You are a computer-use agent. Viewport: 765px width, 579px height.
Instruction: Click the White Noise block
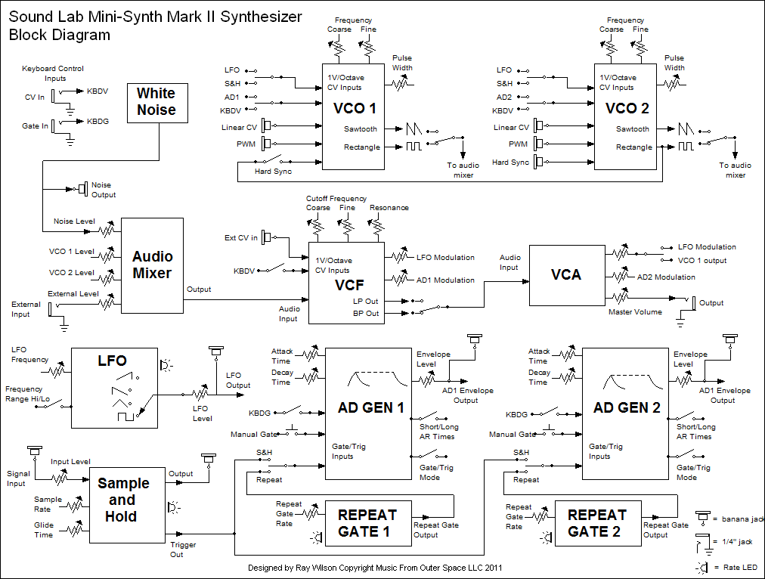[157, 103]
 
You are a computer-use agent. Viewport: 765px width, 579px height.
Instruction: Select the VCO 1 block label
[355, 108]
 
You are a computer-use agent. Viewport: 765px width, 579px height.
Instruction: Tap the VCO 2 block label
[627, 108]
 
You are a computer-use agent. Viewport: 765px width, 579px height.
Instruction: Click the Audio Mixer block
[152, 265]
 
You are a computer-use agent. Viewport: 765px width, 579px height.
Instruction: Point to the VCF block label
[349, 285]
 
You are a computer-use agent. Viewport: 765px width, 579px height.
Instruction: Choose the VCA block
[567, 275]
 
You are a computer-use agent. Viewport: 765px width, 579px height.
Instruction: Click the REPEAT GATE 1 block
[368, 523]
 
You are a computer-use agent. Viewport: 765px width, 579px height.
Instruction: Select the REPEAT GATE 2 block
[598, 523]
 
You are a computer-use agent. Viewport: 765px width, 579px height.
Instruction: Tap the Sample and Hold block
[127, 505]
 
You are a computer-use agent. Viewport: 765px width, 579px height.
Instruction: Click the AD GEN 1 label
[371, 407]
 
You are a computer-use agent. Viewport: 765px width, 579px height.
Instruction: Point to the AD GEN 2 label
[627, 407]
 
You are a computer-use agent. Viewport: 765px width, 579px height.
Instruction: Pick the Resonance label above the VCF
[389, 208]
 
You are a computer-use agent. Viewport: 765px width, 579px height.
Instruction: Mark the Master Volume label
[635, 311]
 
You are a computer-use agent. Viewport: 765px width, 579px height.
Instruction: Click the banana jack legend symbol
[702, 518]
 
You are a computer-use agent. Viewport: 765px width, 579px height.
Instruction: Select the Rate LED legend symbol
[702, 568]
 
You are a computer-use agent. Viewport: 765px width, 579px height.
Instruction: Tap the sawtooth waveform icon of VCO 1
[413, 128]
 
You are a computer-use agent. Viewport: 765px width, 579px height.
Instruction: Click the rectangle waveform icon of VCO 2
[686, 146]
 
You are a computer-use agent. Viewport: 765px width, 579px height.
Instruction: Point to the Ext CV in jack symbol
[266, 237]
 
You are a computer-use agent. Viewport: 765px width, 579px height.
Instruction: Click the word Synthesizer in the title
[261, 17]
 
